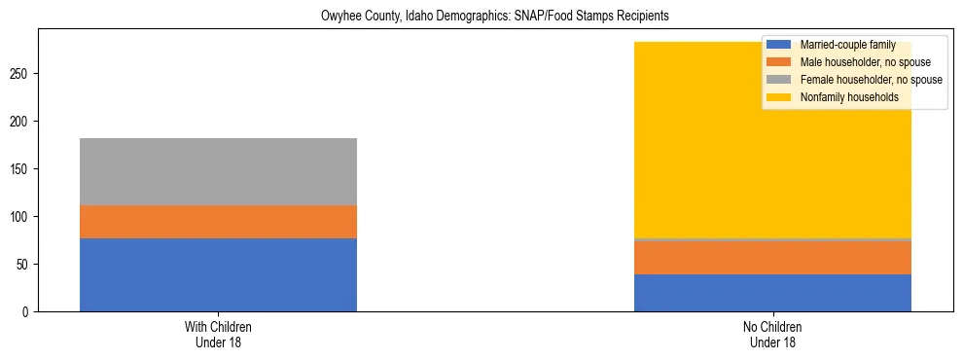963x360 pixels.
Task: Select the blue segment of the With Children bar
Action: point(218,274)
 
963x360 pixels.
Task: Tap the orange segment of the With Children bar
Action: point(218,222)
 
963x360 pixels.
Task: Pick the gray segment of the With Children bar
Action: point(218,171)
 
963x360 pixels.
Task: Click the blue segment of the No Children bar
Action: point(772,293)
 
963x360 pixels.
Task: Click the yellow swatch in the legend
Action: point(779,97)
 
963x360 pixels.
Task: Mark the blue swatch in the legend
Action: point(779,45)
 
